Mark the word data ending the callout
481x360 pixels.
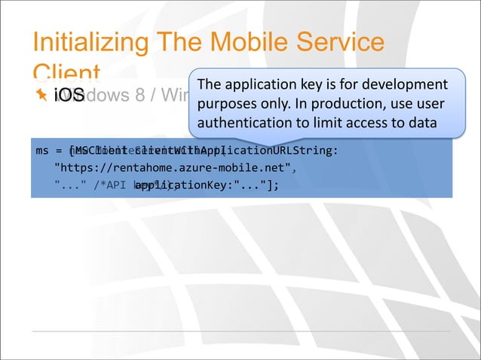pos(422,122)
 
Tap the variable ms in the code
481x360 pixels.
pos(43,150)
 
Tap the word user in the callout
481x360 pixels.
pos(429,103)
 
